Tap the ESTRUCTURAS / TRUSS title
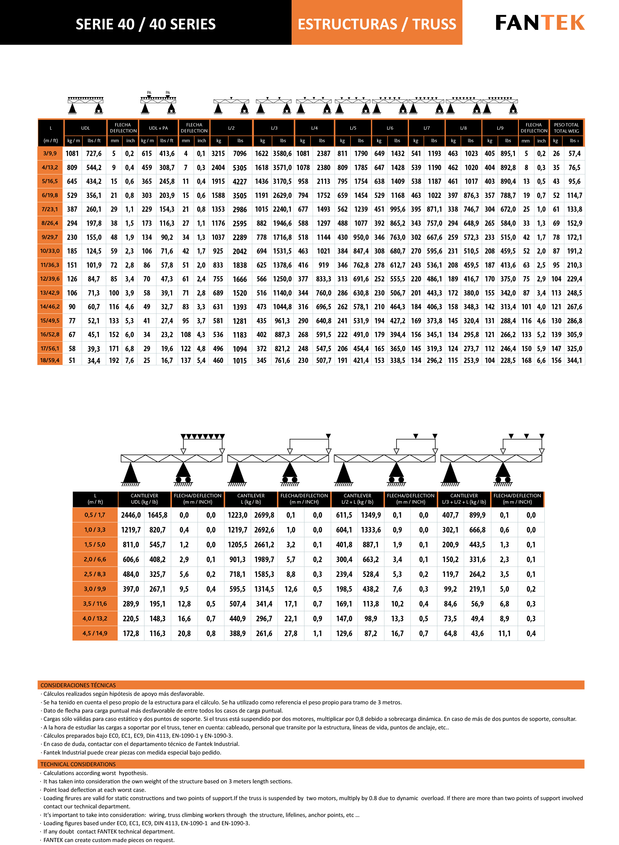(x=377, y=24)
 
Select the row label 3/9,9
(x=50, y=153)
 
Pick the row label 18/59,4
(x=50, y=360)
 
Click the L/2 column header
(x=231, y=128)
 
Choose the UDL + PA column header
(x=158, y=128)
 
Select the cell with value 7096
(x=240, y=153)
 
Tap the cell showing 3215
(x=218, y=153)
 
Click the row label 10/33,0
(x=50, y=251)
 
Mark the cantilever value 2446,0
(x=131, y=515)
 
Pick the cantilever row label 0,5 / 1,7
(x=95, y=515)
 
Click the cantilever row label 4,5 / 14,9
(x=95, y=633)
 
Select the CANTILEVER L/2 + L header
(x=358, y=499)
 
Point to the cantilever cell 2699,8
(x=264, y=515)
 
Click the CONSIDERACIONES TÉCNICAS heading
(x=78, y=685)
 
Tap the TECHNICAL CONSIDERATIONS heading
(x=78, y=764)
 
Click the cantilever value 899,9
(x=477, y=515)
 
